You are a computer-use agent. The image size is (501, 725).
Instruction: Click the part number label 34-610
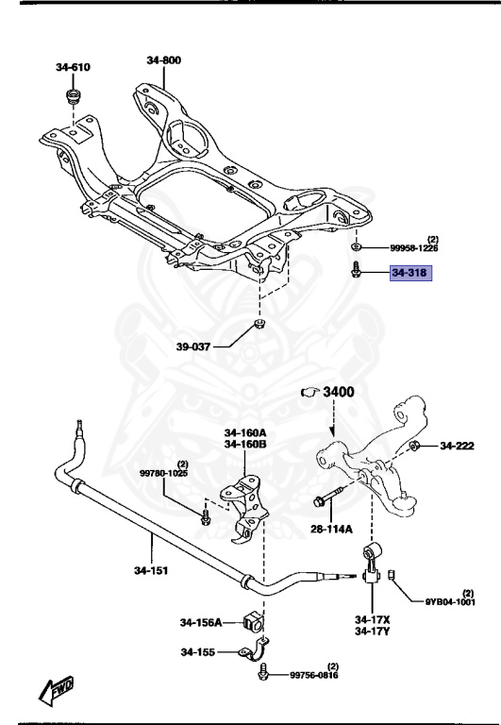pyautogui.click(x=74, y=67)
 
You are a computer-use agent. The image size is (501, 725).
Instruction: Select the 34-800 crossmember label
pyautogui.click(x=164, y=59)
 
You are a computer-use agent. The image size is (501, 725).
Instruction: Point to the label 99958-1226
pyautogui.click(x=414, y=248)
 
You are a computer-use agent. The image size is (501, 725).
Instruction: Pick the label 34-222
pyautogui.click(x=460, y=446)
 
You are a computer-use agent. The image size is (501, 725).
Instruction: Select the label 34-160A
pyautogui.click(x=244, y=433)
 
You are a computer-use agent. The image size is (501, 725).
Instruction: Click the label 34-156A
pyautogui.click(x=201, y=622)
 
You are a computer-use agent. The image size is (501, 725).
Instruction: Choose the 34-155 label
pyautogui.click(x=197, y=651)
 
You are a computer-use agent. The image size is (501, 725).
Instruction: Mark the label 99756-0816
pyautogui.click(x=313, y=675)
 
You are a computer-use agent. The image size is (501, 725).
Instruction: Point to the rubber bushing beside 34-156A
pyautogui.click(x=253, y=621)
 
